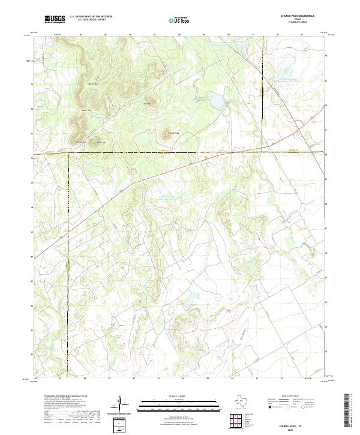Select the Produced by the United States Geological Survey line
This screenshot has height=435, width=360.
click(57, 397)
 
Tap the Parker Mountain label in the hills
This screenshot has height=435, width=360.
click(93, 83)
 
